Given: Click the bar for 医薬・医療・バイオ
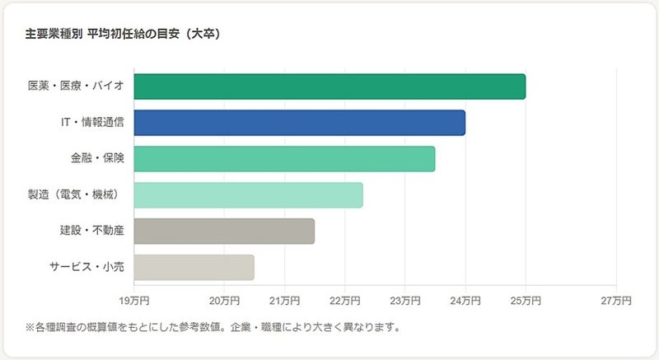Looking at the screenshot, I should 329,86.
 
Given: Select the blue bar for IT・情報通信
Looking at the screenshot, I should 299,123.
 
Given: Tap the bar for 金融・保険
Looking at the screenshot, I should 284,159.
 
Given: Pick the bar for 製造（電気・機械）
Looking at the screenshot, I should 248,195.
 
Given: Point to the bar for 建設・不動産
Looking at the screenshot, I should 224,231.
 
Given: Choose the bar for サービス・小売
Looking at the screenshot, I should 194,268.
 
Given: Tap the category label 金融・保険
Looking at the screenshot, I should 97,159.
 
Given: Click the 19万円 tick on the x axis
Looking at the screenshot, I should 133,299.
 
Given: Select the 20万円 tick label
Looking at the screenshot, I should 224,299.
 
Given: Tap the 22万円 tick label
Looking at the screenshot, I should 344,299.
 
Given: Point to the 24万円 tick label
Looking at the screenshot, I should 465,299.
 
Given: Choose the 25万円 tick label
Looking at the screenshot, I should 526,299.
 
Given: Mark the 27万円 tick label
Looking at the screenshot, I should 616,299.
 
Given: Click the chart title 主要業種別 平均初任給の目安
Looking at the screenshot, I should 123,35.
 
